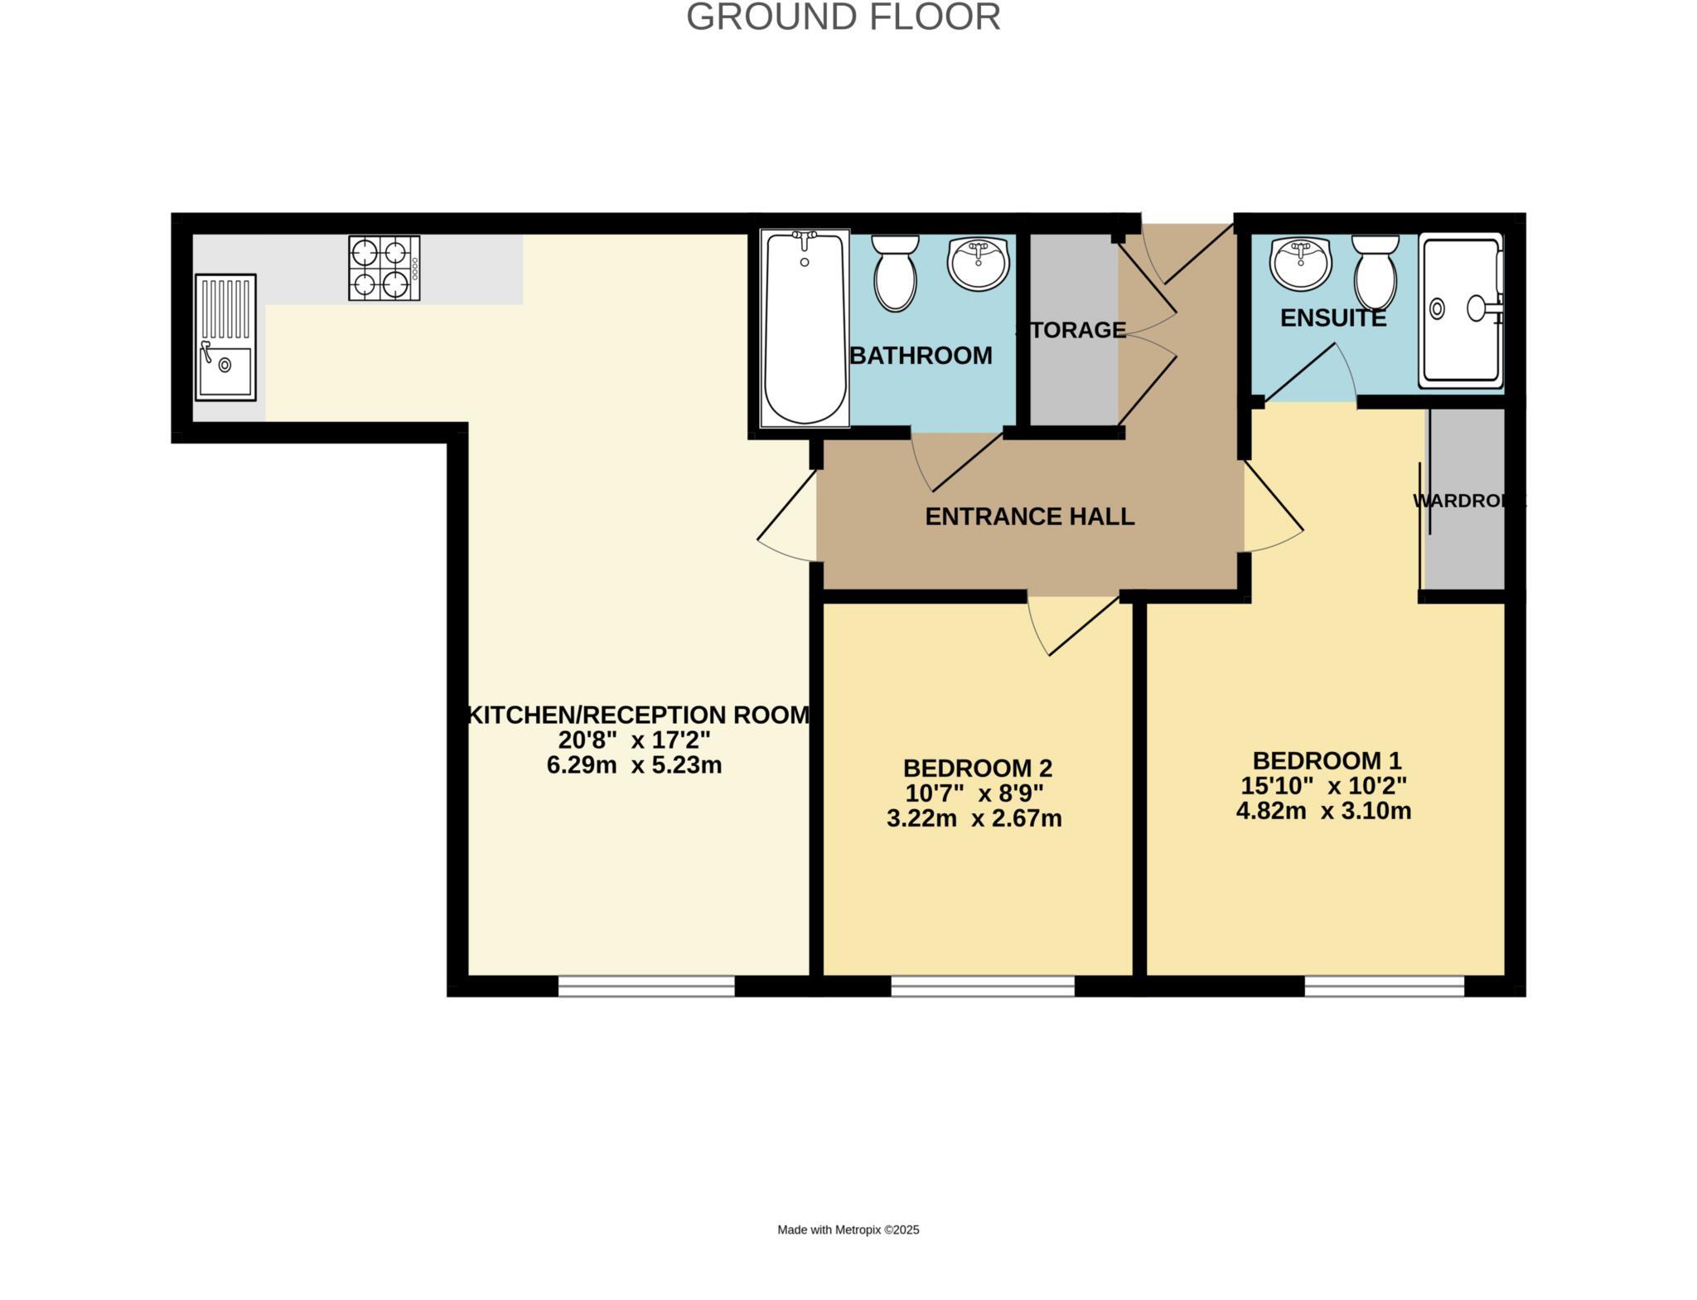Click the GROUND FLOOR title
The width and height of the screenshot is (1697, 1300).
(x=843, y=17)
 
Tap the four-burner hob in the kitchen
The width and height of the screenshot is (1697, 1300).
(x=384, y=268)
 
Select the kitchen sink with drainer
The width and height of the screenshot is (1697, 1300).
(x=225, y=337)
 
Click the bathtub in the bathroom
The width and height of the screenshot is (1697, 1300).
(x=805, y=328)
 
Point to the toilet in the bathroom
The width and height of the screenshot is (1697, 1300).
(x=895, y=271)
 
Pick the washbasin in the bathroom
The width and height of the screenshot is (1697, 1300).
(x=979, y=263)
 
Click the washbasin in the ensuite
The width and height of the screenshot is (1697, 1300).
(x=1300, y=263)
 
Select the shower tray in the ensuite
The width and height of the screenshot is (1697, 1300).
(x=1460, y=311)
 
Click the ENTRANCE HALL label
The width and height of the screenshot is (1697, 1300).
(x=1029, y=517)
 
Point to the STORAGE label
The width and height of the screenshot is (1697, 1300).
(x=1071, y=330)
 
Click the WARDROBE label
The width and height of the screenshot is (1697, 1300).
(x=1467, y=501)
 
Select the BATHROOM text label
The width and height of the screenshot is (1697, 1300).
(x=921, y=356)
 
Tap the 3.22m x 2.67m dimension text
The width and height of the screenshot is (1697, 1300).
(x=974, y=819)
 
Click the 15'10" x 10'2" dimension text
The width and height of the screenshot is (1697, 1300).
(x=1323, y=785)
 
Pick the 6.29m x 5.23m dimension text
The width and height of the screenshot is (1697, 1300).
(x=634, y=765)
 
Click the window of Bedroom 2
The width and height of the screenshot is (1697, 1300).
(x=983, y=986)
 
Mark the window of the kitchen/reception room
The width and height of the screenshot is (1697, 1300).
(x=646, y=986)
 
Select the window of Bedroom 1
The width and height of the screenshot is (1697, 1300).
(x=1384, y=986)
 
